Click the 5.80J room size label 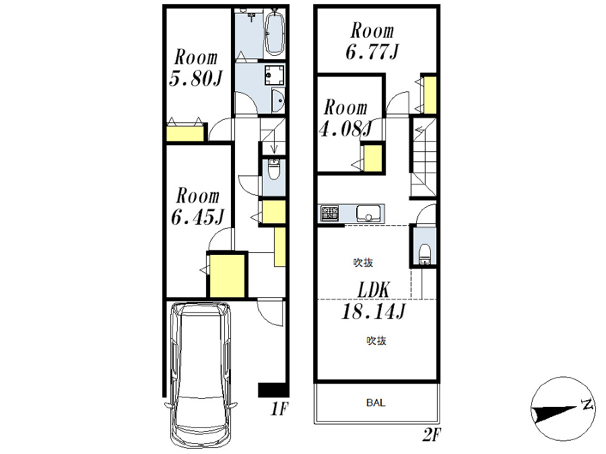click(x=195, y=79)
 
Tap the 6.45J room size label click(x=197, y=217)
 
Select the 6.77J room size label click(x=372, y=52)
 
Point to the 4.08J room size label click(x=345, y=128)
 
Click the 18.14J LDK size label click(x=373, y=311)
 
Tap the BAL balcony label click(x=376, y=403)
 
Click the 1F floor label click(x=279, y=408)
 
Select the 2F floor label click(x=432, y=434)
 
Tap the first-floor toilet click(x=273, y=169)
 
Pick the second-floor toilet click(x=424, y=254)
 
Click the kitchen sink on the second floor click(x=368, y=213)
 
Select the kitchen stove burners click(x=330, y=213)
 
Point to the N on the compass click(x=588, y=404)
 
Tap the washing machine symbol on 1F click(x=275, y=75)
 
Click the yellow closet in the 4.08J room click(x=373, y=157)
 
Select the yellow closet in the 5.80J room click(x=185, y=133)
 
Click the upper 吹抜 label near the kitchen click(x=363, y=262)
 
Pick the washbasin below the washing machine click(x=278, y=101)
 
